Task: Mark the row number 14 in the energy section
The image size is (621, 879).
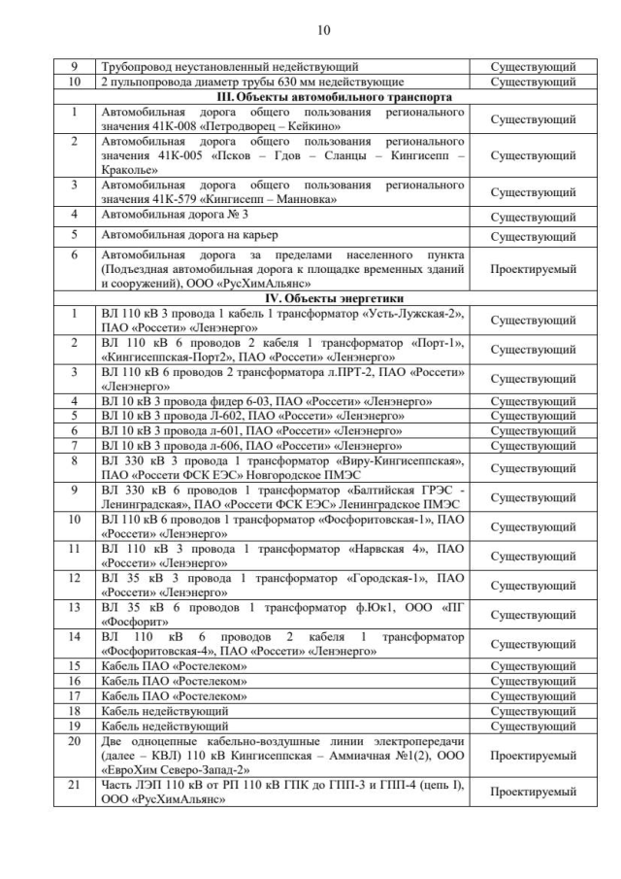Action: coord(76,636)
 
